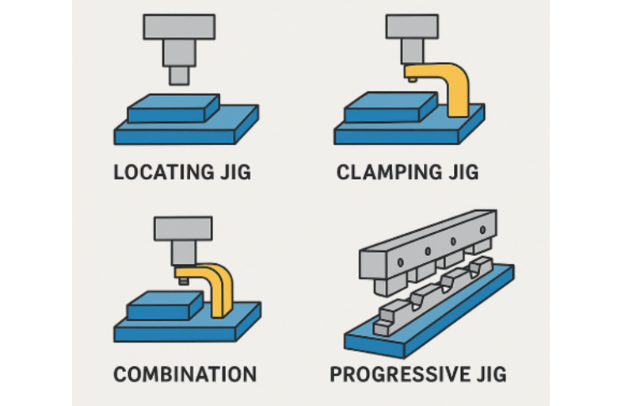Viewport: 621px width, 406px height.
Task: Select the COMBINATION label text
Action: click(x=185, y=373)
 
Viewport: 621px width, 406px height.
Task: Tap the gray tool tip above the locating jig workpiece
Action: click(x=180, y=75)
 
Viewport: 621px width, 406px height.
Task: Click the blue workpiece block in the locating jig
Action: click(x=173, y=108)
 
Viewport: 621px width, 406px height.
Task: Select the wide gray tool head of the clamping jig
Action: click(x=413, y=25)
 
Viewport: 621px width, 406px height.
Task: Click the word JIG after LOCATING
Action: click(x=232, y=171)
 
